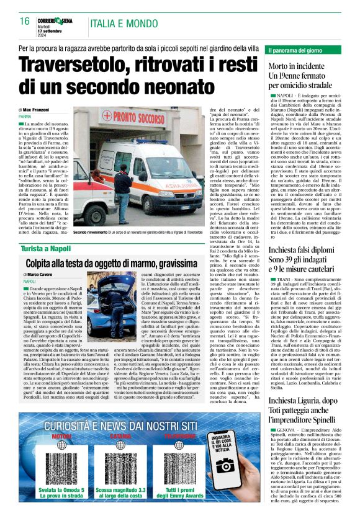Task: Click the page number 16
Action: click(25, 21)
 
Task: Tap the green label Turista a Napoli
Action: click(43, 247)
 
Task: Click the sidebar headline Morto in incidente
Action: click(292, 66)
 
